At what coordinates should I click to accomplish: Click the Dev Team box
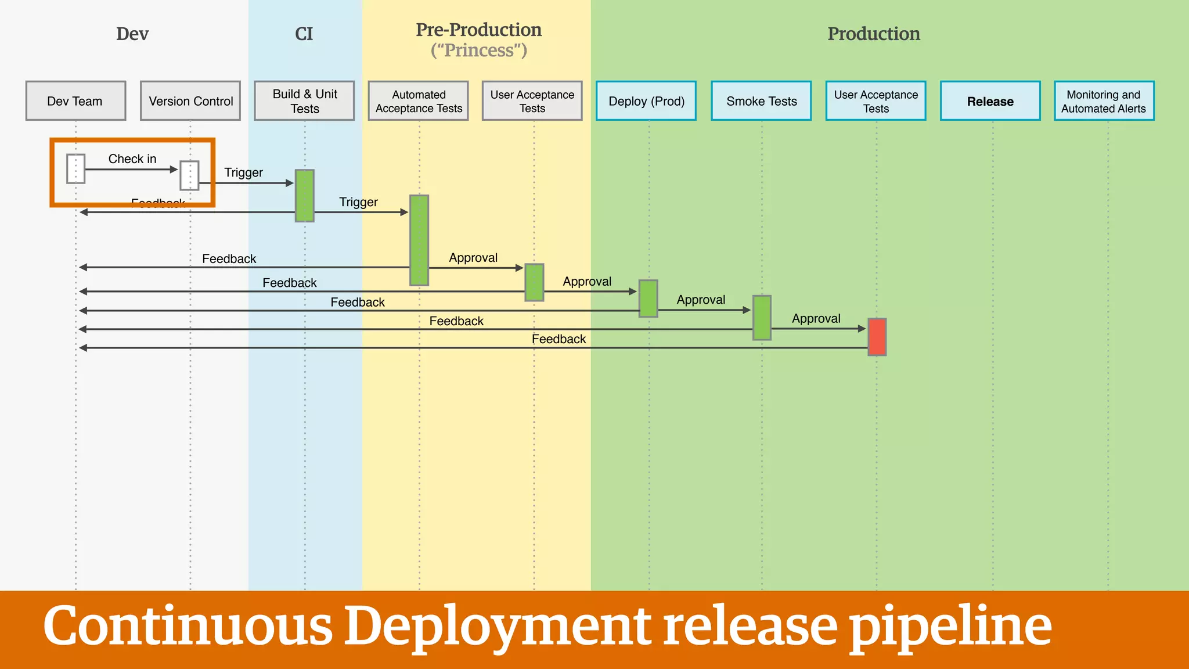(x=75, y=101)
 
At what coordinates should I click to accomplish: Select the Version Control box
(x=190, y=101)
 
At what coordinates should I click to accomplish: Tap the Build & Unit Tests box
(x=304, y=101)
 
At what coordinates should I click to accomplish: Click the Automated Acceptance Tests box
(x=418, y=101)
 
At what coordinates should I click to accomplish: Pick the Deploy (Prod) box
(x=646, y=101)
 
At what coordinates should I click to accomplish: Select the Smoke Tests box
(x=761, y=101)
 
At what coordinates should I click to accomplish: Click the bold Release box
(x=990, y=101)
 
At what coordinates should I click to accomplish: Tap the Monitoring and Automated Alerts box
(x=1104, y=101)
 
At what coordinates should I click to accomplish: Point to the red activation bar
(x=877, y=337)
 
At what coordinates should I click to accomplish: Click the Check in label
(x=132, y=159)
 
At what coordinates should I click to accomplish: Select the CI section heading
(x=304, y=34)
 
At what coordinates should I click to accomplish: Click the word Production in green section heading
(x=873, y=34)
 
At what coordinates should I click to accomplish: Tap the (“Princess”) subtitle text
(x=478, y=51)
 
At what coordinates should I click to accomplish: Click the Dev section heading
(x=132, y=34)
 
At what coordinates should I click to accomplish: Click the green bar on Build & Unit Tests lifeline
(x=304, y=196)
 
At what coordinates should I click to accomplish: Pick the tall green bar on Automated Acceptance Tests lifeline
(x=419, y=240)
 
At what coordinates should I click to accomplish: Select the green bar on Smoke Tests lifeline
(x=762, y=318)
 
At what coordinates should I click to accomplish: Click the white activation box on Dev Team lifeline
(x=75, y=168)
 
